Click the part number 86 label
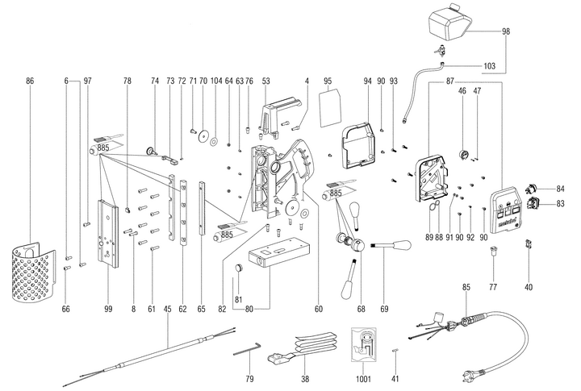pos(30,81)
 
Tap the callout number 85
pos(466,288)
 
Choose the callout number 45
pos(167,309)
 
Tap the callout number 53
pos(265,81)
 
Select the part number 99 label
pos(107,309)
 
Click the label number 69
pos(385,309)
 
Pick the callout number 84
pos(561,189)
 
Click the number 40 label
pos(529,288)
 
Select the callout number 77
pos(493,288)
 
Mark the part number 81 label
pos(237,301)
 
